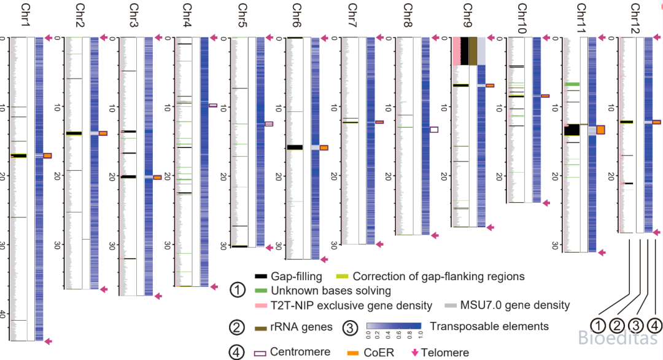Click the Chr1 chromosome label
(26, 15)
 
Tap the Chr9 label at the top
(467, 15)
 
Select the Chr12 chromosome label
(635, 18)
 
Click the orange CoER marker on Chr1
(47, 155)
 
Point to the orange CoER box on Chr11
(600, 130)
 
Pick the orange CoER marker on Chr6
(324, 147)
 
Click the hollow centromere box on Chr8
(434, 130)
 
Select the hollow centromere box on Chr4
(212, 105)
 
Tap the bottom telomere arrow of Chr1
(48, 341)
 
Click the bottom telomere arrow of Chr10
(546, 203)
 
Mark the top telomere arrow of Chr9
(490, 37)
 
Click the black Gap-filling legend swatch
(261, 276)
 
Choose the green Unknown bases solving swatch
(261, 291)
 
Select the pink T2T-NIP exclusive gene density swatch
(261, 305)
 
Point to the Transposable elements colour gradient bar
(394, 326)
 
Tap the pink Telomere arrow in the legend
(415, 353)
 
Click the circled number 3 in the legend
(350, 328)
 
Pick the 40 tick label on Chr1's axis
(3, 314)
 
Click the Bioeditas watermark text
(618, 338)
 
